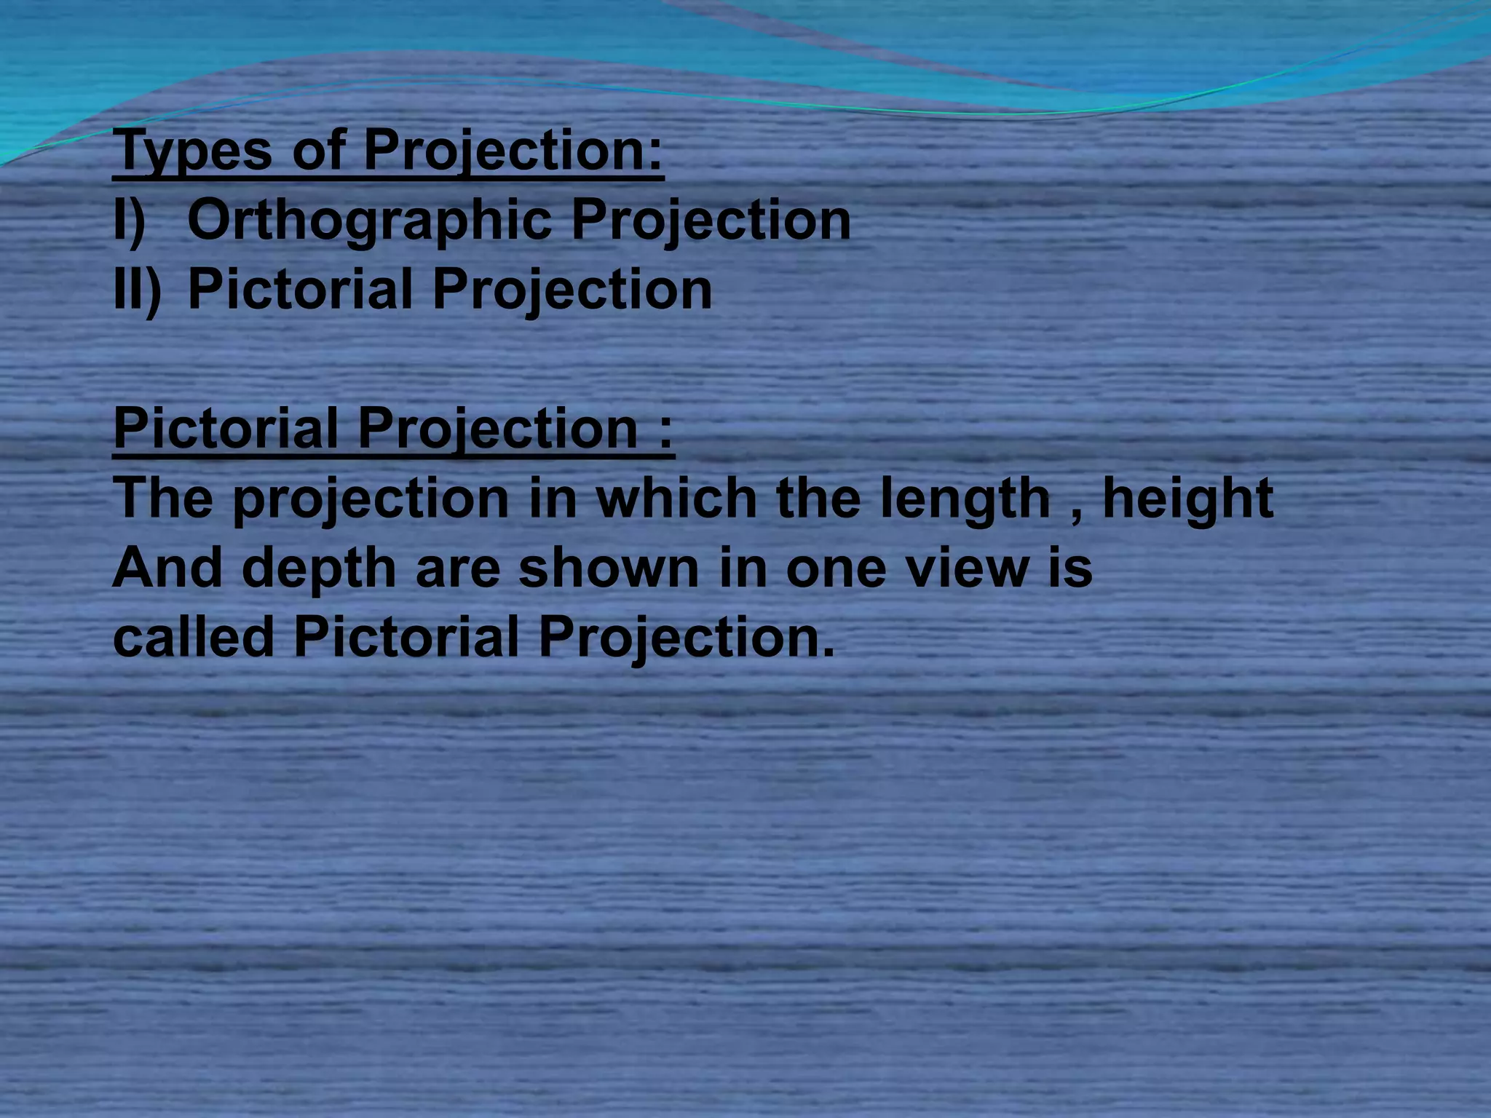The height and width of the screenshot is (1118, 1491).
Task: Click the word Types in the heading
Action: tap(192, 150)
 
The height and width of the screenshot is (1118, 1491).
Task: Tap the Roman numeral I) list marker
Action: tap(130, 220)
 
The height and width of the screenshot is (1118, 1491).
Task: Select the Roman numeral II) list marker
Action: tap(137, 290)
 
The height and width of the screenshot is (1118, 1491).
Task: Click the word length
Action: tap(965, 499)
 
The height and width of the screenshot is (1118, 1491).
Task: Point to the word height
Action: tap(1187, 499)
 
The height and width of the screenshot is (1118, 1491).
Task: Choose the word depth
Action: tap(319, 568)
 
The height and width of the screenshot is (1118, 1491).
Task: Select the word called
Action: tap(193, 636)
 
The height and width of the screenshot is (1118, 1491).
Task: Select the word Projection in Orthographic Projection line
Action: tap(711, 220)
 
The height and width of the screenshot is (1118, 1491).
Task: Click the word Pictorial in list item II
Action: tap(299, 290)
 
